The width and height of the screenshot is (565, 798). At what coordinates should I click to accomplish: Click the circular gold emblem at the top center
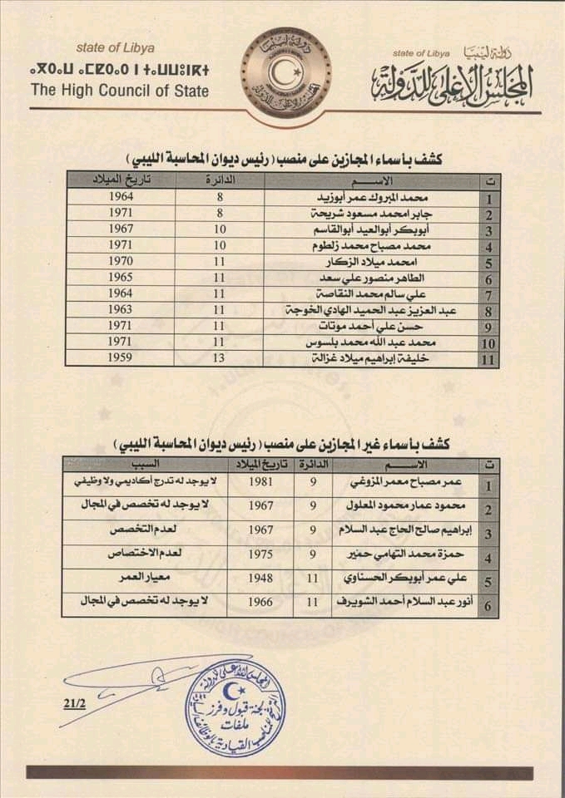[285, 69]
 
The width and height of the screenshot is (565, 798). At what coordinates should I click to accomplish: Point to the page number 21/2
[73, 703]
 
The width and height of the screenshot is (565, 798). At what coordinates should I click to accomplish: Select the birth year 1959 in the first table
[121, 359]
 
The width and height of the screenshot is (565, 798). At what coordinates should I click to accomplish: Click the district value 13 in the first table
[221, 359]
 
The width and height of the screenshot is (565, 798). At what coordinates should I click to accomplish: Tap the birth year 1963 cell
[121, 310]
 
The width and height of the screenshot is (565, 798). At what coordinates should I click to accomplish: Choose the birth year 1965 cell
[121, 278]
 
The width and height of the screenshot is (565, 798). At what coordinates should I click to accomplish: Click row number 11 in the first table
[489, 360]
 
